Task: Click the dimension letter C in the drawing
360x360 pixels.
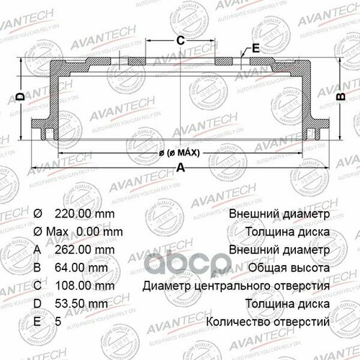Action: (x=181, y=40)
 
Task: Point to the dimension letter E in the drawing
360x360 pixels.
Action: (x=256, y=50)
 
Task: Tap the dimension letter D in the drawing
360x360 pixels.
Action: (x=21, y=96)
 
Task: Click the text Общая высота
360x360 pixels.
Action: (x=292, y=267)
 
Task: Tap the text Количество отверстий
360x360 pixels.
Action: (x=269, y=320)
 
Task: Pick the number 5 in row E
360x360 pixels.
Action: (x=58, y=320)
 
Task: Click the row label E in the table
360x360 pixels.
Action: (x=37, y=320)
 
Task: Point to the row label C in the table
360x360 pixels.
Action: (x=38, y=285)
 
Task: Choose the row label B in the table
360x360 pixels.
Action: (x=37, y=267)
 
